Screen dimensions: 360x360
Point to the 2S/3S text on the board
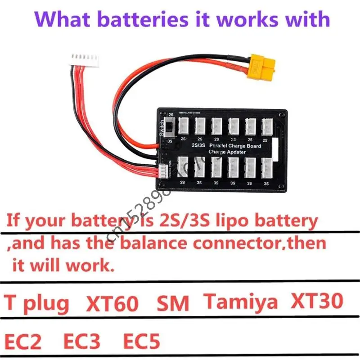click(198, 145)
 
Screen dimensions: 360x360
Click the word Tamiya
click(241, 301)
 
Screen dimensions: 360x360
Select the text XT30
click(317, 301)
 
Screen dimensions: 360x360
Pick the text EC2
click(23, 342)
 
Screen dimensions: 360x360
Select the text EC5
click(141, 342)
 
